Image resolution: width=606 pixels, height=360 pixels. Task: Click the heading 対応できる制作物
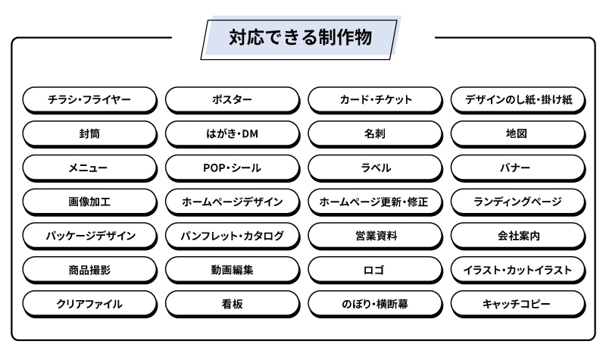coord(301,36)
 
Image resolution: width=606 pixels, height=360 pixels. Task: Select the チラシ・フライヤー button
coord(89,100)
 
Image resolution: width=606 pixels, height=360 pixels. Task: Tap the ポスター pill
coord(232,100)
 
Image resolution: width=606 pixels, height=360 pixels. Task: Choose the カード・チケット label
coord(375,100)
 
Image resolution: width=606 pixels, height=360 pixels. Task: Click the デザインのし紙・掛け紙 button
coord(518,100)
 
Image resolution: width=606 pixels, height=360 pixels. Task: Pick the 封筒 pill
coord(89,133)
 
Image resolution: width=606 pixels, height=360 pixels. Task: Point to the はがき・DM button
coord(232,133)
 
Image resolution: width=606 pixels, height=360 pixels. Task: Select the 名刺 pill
coord(375,133)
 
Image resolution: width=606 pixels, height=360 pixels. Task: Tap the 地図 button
coord(518,133)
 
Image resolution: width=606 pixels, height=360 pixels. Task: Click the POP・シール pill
coord(232,167)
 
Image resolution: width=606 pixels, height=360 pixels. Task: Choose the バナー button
coord(518,167)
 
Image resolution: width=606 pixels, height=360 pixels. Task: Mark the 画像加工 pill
coord(89,202)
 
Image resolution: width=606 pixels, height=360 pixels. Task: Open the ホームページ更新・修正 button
coord(375,202)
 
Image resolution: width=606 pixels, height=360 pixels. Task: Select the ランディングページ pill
coord(518,202)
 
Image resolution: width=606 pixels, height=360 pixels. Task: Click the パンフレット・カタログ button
coord(232,236)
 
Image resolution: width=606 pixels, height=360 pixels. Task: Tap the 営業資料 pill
coord(375,236)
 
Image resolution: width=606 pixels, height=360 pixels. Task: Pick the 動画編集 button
coord(232,270)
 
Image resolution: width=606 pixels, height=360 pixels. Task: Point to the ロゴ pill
coord(375,270)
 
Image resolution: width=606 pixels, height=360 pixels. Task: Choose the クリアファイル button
coord(89,304)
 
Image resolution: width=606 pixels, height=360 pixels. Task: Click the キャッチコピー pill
coord(518,304)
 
